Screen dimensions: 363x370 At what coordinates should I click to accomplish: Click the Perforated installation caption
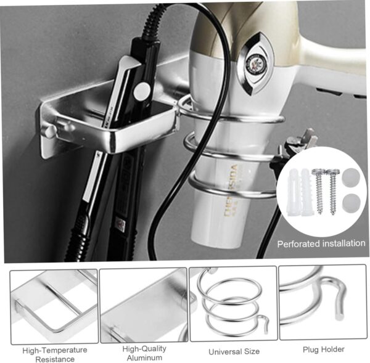[x=321, y=243]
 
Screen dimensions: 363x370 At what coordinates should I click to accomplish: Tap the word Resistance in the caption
[x=55, y=359]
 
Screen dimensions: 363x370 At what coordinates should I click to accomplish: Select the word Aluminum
[x=144, y=357]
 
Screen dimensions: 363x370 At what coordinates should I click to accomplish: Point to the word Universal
[x=224, y=351]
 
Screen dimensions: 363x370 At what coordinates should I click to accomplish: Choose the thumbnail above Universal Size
[x=232, y=304]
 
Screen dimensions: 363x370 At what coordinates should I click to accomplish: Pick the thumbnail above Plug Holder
[x=322, y=303]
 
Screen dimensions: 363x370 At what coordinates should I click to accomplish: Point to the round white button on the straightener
[x=141, y=91]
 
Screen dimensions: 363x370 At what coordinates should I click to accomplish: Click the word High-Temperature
[x=55, y=350]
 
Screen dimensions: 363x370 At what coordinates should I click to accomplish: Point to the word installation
[x=343, y=243]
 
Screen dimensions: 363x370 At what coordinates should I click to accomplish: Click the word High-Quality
[x=144, y=349]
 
